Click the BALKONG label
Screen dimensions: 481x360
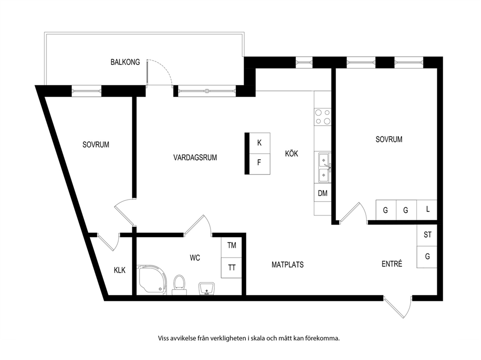tap(125, 62)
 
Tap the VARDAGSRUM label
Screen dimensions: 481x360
tap(195, 158)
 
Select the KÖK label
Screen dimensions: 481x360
tap(291, 153)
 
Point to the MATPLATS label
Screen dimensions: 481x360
tap(288, 264)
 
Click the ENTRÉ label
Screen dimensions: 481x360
tap(392, 263)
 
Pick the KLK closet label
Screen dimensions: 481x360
tap(120, 270)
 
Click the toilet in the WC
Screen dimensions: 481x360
tap(179, 285)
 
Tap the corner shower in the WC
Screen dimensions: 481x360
tap(153, 280)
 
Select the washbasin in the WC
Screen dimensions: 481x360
tap(207, 289)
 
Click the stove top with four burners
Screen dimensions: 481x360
tap(323, 117)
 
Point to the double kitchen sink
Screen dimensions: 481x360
tap(323, 168)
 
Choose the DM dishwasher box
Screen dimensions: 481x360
tap(323, 193)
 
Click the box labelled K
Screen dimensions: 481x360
tap(260, 143)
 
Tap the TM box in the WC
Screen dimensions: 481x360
tap(232, 245)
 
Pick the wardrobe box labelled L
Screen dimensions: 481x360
tap(427, 210)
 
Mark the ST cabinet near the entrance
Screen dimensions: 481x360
tap(427, 235)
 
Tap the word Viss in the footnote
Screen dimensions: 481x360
tap(163, 339)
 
